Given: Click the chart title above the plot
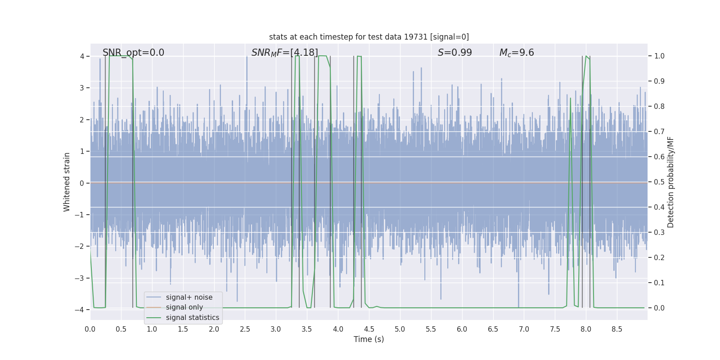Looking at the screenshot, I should [369, 37].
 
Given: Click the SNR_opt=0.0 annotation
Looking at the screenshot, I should [133, 53].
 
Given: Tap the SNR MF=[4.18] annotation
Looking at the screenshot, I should [284, 53].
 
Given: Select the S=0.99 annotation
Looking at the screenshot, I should [454, 53].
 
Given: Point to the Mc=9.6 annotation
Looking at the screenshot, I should [516, 53].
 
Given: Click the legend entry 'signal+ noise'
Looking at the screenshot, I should [189, 297].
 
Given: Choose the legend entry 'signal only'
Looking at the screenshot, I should [184, 307].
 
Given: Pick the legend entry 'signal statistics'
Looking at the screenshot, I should [192, 318].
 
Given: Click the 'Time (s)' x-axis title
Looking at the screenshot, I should [369, 339].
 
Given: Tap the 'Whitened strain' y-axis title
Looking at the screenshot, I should [67, 182].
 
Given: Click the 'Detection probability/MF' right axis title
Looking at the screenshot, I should [670, 182].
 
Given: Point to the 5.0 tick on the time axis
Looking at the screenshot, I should [400, 329].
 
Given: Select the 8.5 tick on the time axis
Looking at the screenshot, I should [617, 329].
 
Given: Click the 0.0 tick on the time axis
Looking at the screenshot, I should [90, 329].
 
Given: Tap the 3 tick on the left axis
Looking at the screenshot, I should [82, 88].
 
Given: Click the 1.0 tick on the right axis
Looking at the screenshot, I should [659, 56].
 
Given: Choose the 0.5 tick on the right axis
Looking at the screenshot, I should [659, 182].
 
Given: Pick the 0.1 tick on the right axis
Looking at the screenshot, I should [659, 283].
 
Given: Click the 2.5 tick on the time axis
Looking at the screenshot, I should [245, 329].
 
